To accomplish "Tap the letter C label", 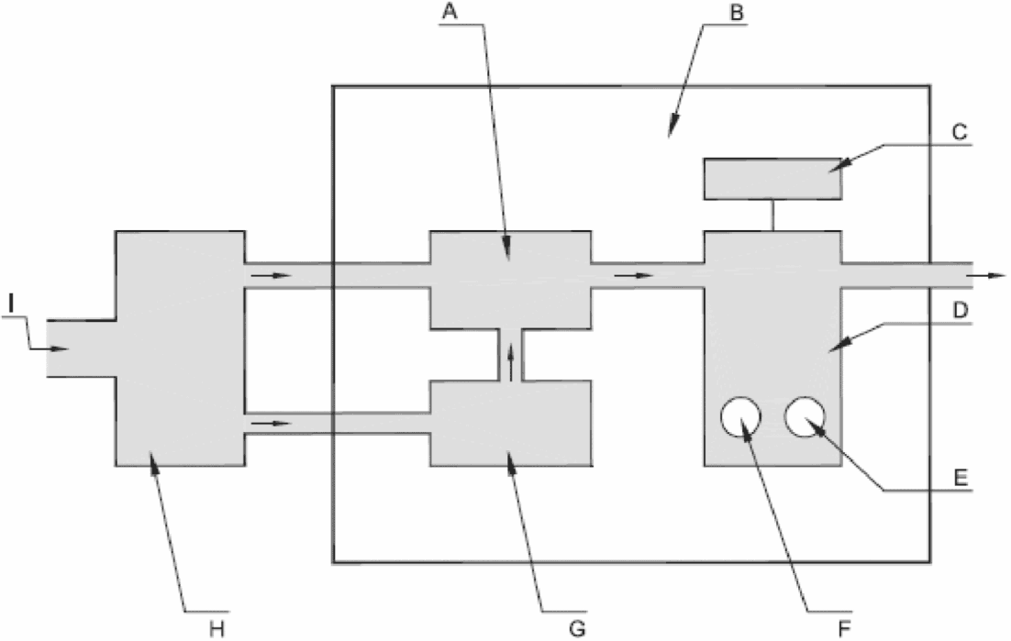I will (x=959, y=130).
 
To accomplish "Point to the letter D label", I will (x=959, y=311).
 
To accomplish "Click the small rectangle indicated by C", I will (x=772, y=178).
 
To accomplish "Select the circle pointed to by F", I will (x=740, y=418).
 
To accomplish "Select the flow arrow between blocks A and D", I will (x=635, y=274).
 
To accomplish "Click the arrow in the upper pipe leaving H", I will (x=272, y=274).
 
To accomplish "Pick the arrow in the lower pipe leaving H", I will (x=272, y=424).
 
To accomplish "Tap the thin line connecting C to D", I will (x=772, y=216).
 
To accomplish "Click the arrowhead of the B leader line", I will (x=672, y=132).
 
